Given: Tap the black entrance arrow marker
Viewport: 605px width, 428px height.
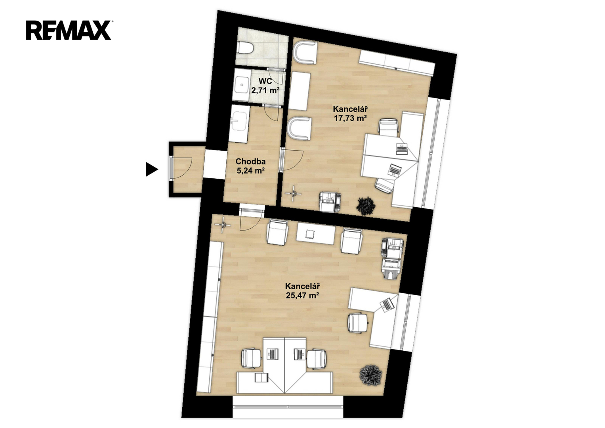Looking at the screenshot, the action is coord(152,170).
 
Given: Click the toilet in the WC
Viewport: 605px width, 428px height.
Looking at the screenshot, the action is coord(245,49).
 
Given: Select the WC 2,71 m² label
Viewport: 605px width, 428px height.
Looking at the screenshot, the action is coord(265,86).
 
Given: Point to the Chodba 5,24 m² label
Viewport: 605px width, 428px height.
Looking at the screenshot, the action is coord(250,166).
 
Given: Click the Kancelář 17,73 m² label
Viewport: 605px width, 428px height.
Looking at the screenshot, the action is coord(350,113).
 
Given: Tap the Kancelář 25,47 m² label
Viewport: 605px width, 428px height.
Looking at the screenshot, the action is coord(303,290).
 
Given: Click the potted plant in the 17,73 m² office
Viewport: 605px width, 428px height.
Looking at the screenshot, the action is coord(366,206).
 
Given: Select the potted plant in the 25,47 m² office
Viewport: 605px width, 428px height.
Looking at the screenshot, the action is coord(370,375).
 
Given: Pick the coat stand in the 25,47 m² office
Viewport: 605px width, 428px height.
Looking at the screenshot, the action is coord(223,225).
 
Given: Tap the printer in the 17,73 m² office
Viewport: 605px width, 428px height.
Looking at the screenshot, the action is coord(330,202).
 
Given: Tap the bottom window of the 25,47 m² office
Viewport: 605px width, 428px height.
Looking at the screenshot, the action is coord(288,407).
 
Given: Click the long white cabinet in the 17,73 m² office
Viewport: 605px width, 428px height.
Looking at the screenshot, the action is coord(397,64).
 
